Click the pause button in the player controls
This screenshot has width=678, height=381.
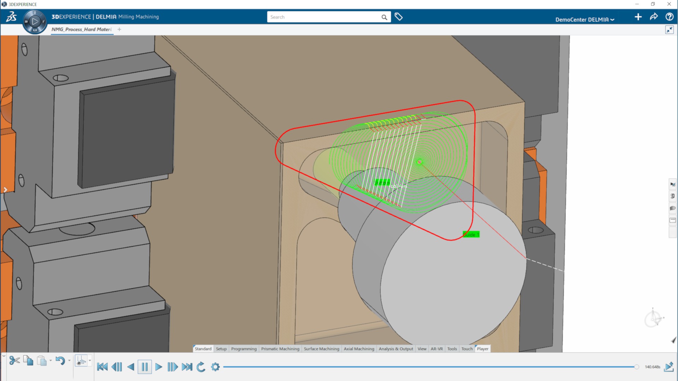pos(145,367)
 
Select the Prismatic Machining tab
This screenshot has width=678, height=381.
pos(280,349)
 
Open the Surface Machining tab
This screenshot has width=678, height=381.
pos(321,349)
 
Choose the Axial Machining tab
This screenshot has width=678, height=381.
pos(359,349)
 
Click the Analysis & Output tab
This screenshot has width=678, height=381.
pos(396,349)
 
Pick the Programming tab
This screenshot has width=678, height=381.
pos(244,349)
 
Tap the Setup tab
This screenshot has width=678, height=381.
pos(221,349)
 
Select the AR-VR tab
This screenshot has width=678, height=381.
pos(436,349)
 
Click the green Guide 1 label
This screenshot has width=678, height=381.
pos(471,235)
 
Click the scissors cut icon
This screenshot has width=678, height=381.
pos(14,361)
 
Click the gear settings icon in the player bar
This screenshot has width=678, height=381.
pos(215,367)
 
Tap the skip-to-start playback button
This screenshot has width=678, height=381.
pos(102,367)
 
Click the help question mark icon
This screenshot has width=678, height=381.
pos(669,17)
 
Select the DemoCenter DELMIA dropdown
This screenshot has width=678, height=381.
pos(584,20)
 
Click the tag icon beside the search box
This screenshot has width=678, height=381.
pos(399,17)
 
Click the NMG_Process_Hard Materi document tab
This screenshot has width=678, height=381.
pos(81,30)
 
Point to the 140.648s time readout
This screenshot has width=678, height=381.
pos(652,367)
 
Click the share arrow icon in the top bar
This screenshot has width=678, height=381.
pos(654,17)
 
